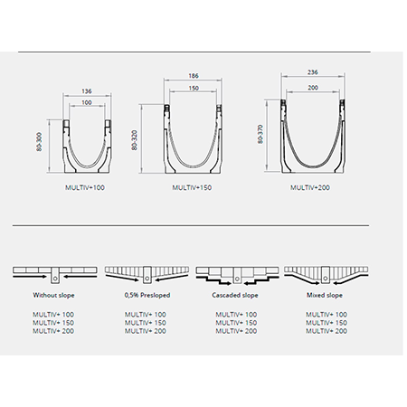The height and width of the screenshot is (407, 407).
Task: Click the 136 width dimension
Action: pos(87,91)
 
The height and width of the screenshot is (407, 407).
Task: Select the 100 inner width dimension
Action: pos(87,102)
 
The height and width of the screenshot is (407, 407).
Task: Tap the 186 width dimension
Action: pos(194,76)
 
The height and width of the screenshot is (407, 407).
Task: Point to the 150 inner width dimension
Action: pos(194,88)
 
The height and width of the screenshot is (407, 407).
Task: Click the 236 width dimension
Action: pos(313,72)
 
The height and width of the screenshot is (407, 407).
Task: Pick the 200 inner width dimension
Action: pos(313,88)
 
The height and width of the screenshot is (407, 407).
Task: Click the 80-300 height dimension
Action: pos(39,142)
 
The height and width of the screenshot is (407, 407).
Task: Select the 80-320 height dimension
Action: pos(135,140)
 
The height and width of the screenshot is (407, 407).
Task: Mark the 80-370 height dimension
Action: pos(260,134)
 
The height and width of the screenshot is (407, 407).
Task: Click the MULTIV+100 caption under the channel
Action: pos(85,187)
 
